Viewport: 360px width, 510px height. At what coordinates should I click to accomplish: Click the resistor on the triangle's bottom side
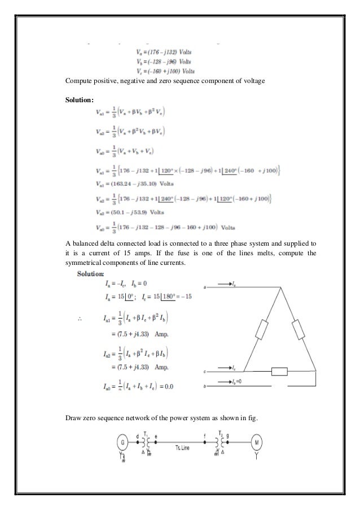pos(280,372)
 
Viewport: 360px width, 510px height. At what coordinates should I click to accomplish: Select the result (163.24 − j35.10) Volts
pos(129,183)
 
